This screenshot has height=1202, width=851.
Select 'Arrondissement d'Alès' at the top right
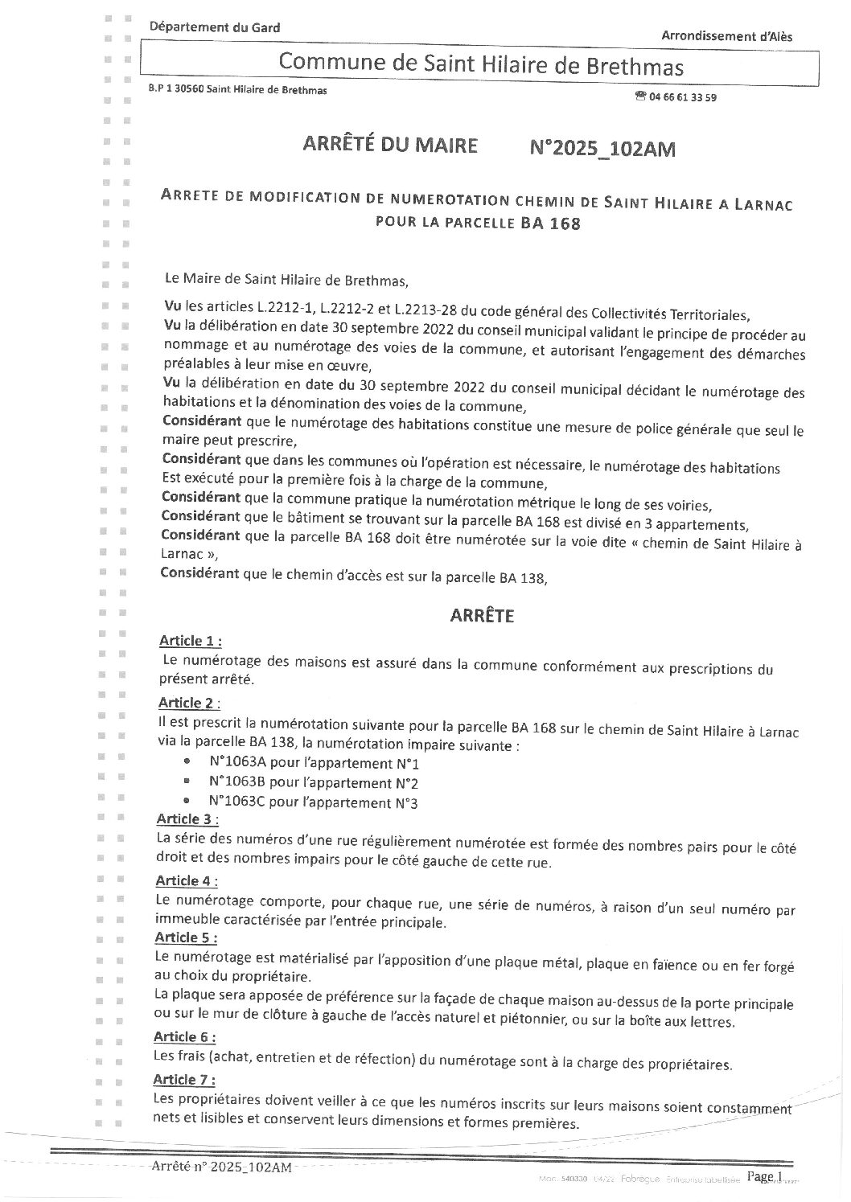point(726,35)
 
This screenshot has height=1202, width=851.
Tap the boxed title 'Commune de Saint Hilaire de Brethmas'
point(480,64)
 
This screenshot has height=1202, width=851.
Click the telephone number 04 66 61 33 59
point(683,97)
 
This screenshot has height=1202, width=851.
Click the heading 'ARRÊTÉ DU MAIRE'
point(389,146)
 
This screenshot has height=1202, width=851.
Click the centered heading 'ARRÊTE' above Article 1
point(480,616)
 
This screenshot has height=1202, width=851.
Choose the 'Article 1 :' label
point(190,641)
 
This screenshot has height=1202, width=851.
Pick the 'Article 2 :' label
point(189,704)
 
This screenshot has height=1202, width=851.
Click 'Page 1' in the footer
point(764,1176)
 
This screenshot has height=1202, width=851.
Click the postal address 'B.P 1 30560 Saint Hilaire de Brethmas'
point(238,90)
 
